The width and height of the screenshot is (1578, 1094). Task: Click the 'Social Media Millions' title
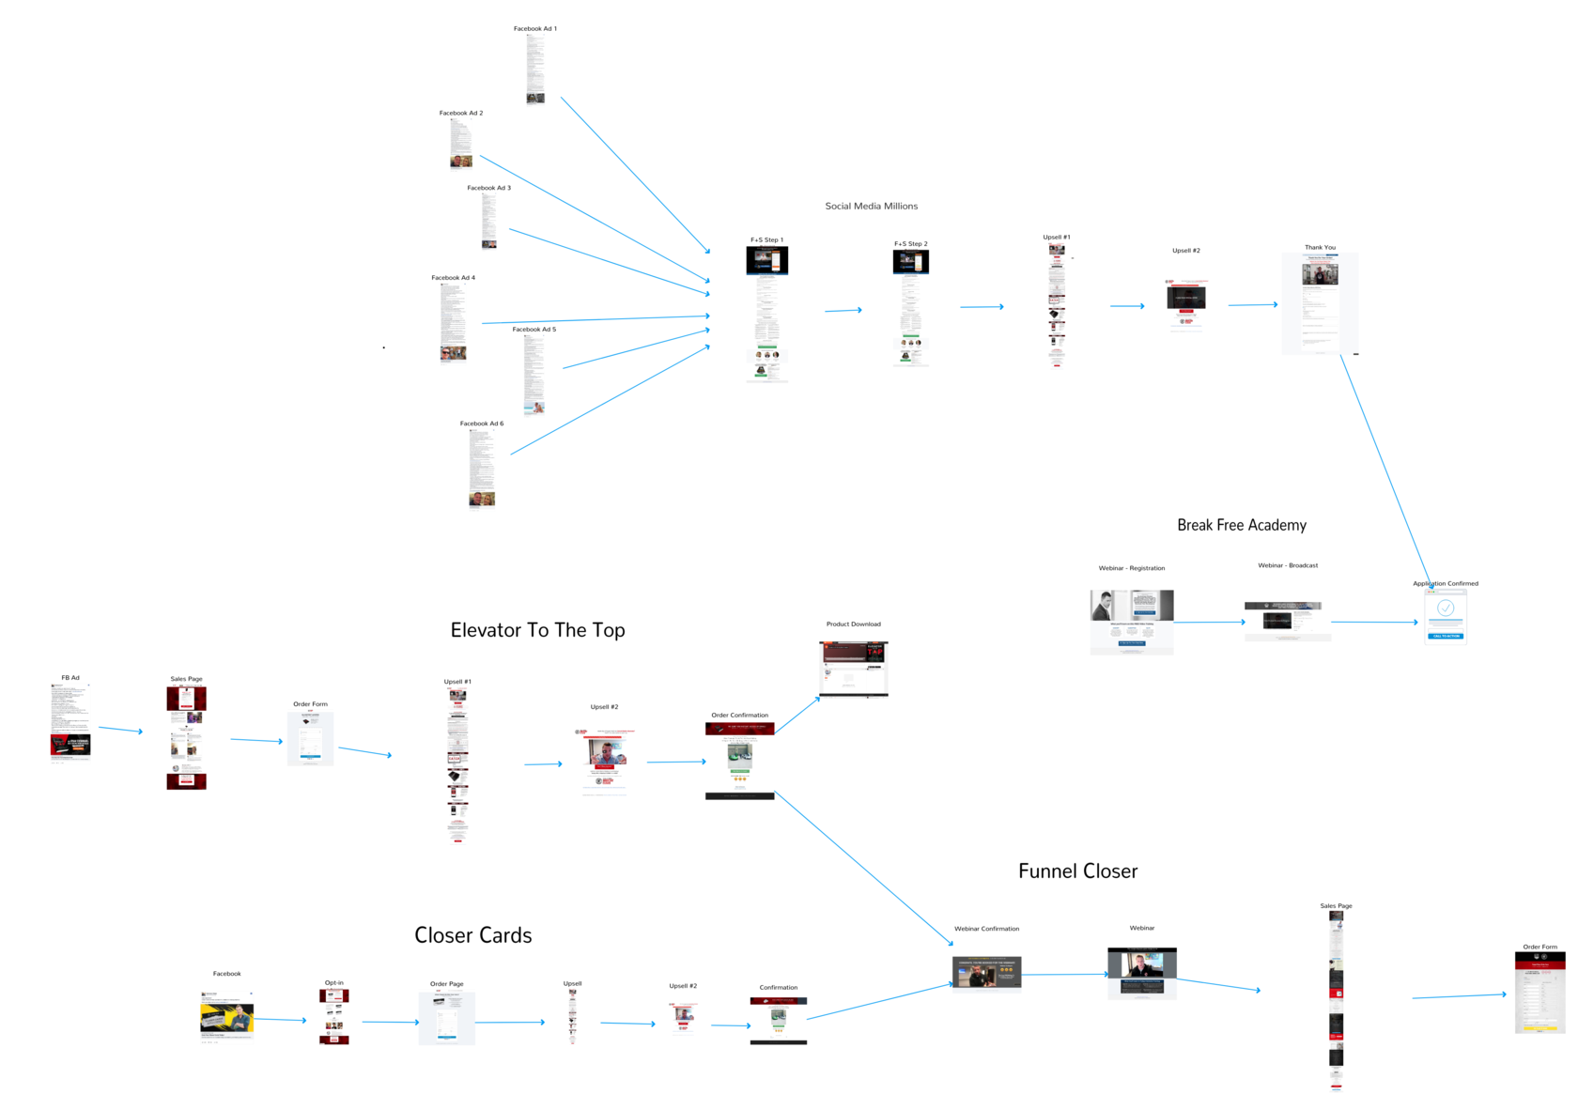tap(871, 206)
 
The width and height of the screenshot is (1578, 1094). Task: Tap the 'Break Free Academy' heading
tap(1241, 525)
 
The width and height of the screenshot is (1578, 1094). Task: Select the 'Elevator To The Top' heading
tap(537, 630)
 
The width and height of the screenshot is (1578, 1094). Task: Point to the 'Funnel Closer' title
tap(1077, 871)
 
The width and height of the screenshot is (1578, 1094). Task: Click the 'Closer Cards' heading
tap(472, 935)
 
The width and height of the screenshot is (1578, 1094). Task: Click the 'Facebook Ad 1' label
tap(534, 29)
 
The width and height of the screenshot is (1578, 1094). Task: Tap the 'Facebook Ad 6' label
tap(481, 424)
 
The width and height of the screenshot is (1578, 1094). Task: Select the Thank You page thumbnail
tap(1319, 302)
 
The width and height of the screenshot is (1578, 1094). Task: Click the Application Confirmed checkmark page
tap(1445, 616)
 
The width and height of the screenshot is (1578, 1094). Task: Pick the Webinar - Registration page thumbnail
tap(1131, 621)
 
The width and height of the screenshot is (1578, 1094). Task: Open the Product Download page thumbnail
tap(853, 669)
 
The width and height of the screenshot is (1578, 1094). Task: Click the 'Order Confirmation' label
tap(739, 716)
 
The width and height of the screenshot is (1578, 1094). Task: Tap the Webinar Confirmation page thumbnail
tap(986, 973)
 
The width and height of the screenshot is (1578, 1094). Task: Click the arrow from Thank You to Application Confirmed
tap(1385, 470)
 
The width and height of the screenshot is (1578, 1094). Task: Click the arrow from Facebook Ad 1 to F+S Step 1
tap(634, 174)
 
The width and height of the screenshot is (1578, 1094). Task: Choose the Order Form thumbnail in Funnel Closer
tap(1539, 992)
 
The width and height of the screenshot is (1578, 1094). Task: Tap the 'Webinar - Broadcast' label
tap(1287, 565)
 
